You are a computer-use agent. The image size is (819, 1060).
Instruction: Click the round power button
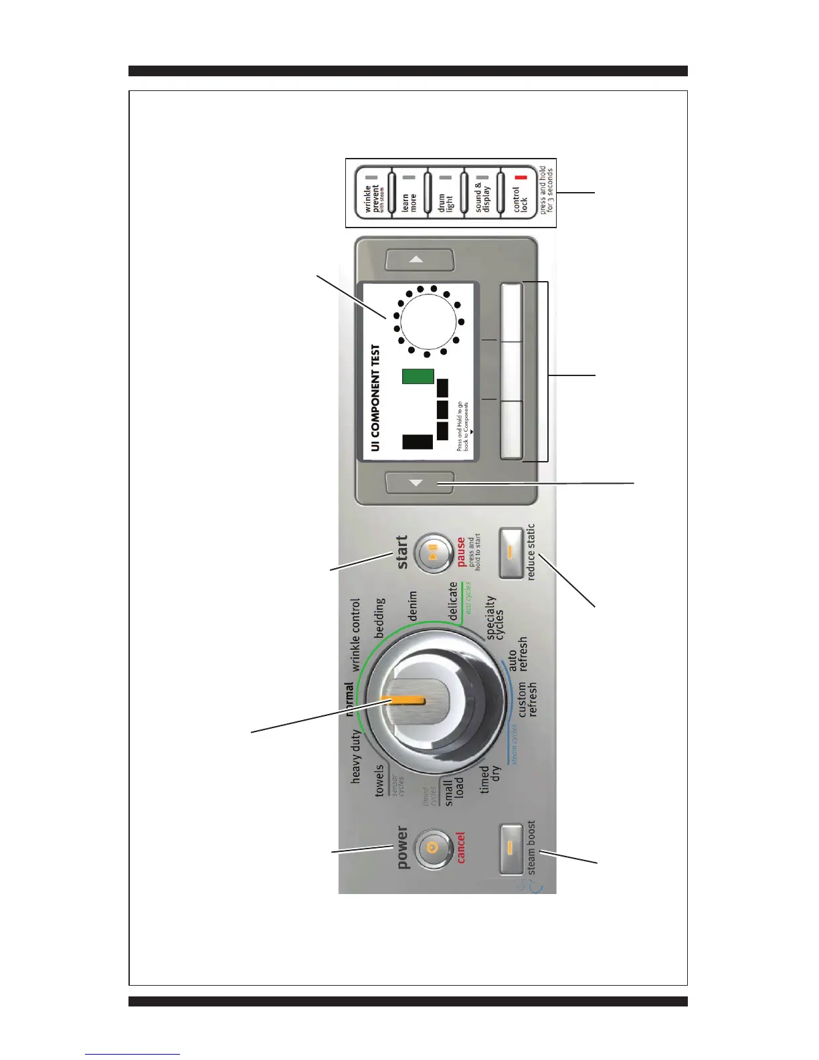tap(432, 848)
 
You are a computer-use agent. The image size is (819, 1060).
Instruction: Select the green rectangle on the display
tap(418, 376)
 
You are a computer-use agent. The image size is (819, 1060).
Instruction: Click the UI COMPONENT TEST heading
tap(375, 397)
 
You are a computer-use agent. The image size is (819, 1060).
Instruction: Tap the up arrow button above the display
tap(420, 260)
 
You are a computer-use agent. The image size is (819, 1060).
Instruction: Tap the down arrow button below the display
tap(420, 482)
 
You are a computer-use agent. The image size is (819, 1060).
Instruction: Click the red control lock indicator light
tap(521, 178)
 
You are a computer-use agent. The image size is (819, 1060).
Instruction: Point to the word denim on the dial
tap(413, 604)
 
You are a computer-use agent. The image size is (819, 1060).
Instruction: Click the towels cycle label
tap(379, 780)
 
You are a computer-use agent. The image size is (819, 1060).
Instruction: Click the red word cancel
tap(461, 848)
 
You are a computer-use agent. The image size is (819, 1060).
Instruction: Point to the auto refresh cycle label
tap(518, 654)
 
